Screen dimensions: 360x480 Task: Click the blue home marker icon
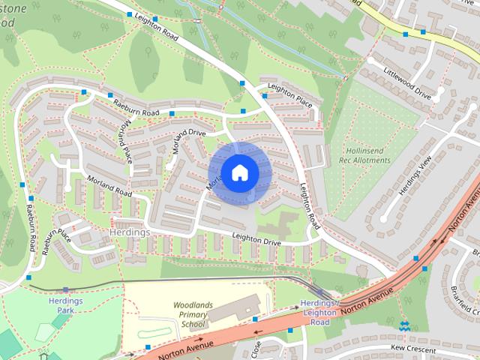pos(239,172)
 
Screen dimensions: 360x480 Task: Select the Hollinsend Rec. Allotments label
pos(366,156)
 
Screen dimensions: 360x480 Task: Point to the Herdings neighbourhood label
pos(128,232)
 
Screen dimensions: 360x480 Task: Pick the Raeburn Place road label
pos(56,242)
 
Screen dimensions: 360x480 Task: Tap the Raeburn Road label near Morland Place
pos(136,107)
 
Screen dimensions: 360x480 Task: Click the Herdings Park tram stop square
pos(66,289)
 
